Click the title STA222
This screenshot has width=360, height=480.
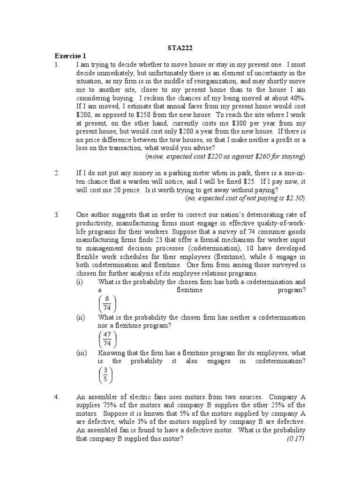(x=180, y=48)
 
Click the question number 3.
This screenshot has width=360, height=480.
(x=57, y=215)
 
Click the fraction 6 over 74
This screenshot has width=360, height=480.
(x=107, y=304)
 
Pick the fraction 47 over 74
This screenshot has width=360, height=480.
(x=107, y=338)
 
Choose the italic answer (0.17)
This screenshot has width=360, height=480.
(x=296, y=439)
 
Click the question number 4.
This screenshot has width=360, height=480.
(x=57, y=397)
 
